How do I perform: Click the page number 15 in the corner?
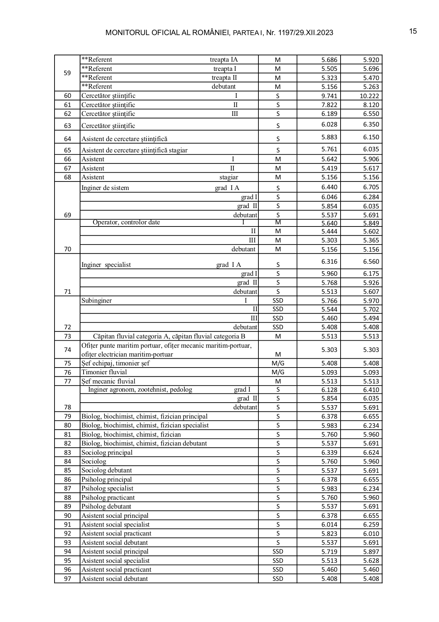click(x=413, y=31)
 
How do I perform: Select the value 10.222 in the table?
click(x=369, y=96)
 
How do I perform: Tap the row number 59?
click(x=67, y=73)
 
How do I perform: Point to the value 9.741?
click(x=329, y=96)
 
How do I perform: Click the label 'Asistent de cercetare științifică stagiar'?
click(x=135, y=150)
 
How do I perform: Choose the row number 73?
click(x=67, y=336)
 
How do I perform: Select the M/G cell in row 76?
click(x=278, y=372)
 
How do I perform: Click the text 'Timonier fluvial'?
click(x=104, y=372)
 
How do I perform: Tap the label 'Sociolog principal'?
click(x=107, y=453)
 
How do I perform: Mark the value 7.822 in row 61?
click(x=329, y=105)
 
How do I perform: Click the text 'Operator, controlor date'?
click(x=126, y=223)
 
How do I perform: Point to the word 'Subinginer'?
click(x=97, y=301)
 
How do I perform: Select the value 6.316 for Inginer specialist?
click(x=329, y=262)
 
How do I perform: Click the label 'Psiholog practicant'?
click(x=108, y=498)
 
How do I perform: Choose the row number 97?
click(x=67, y=579)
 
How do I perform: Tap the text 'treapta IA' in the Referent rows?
click(x=224, y=60)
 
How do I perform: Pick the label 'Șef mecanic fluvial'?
click(x=108, y=381)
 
